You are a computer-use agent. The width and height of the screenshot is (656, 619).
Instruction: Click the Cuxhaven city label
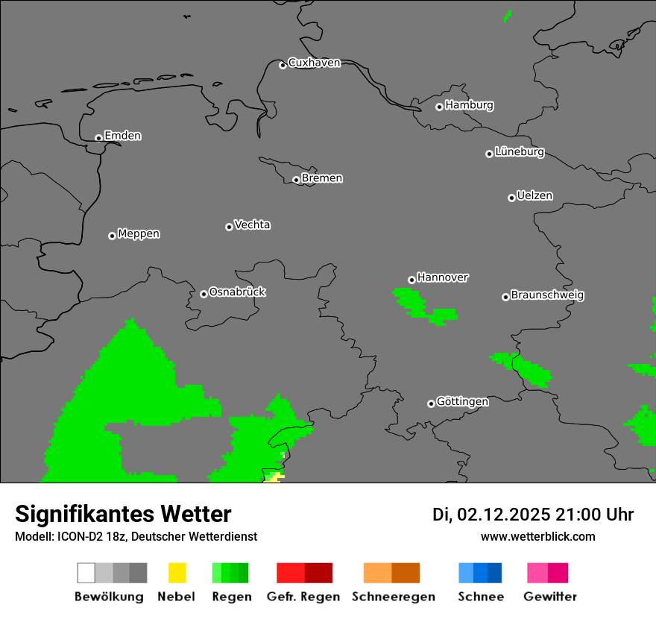pos(314,63)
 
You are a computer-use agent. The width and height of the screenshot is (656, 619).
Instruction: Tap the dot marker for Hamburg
pos(439,107)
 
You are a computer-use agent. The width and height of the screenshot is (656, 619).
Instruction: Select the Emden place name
pos(122,136)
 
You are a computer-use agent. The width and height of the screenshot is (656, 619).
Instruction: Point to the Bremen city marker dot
pos(296,180)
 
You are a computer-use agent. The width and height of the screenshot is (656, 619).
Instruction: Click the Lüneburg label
pos(519,152)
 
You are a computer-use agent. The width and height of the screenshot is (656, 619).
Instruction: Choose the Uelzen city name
pos(534,196)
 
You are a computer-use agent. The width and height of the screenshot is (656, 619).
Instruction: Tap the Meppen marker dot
pos(112,236)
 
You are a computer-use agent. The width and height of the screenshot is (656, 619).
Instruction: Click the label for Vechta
pos(252,224)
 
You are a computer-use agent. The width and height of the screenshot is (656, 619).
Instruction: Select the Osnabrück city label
pos(237,292)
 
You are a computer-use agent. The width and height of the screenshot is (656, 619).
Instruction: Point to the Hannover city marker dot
pos(411,280)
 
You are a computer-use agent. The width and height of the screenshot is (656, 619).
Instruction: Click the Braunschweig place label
pos(547,295)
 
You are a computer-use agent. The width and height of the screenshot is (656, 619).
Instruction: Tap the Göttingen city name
pos(462,402)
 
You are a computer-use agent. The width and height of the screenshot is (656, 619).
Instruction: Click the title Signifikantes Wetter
pos(123,514)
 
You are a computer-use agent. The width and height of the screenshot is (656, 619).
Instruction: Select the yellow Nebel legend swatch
pos(177,573)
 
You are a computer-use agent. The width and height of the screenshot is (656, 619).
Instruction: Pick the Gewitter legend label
pos(550,597)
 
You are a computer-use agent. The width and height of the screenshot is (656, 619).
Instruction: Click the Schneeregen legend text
pos(394,597)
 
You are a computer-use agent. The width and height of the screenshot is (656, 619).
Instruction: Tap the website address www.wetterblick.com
pos(537,536)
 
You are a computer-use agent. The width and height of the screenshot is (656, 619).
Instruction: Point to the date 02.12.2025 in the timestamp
pos(503,515)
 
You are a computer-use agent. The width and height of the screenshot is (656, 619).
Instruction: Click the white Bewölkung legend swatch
pos(86,573)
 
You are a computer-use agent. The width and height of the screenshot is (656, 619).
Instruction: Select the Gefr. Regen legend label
pos(303,597)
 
